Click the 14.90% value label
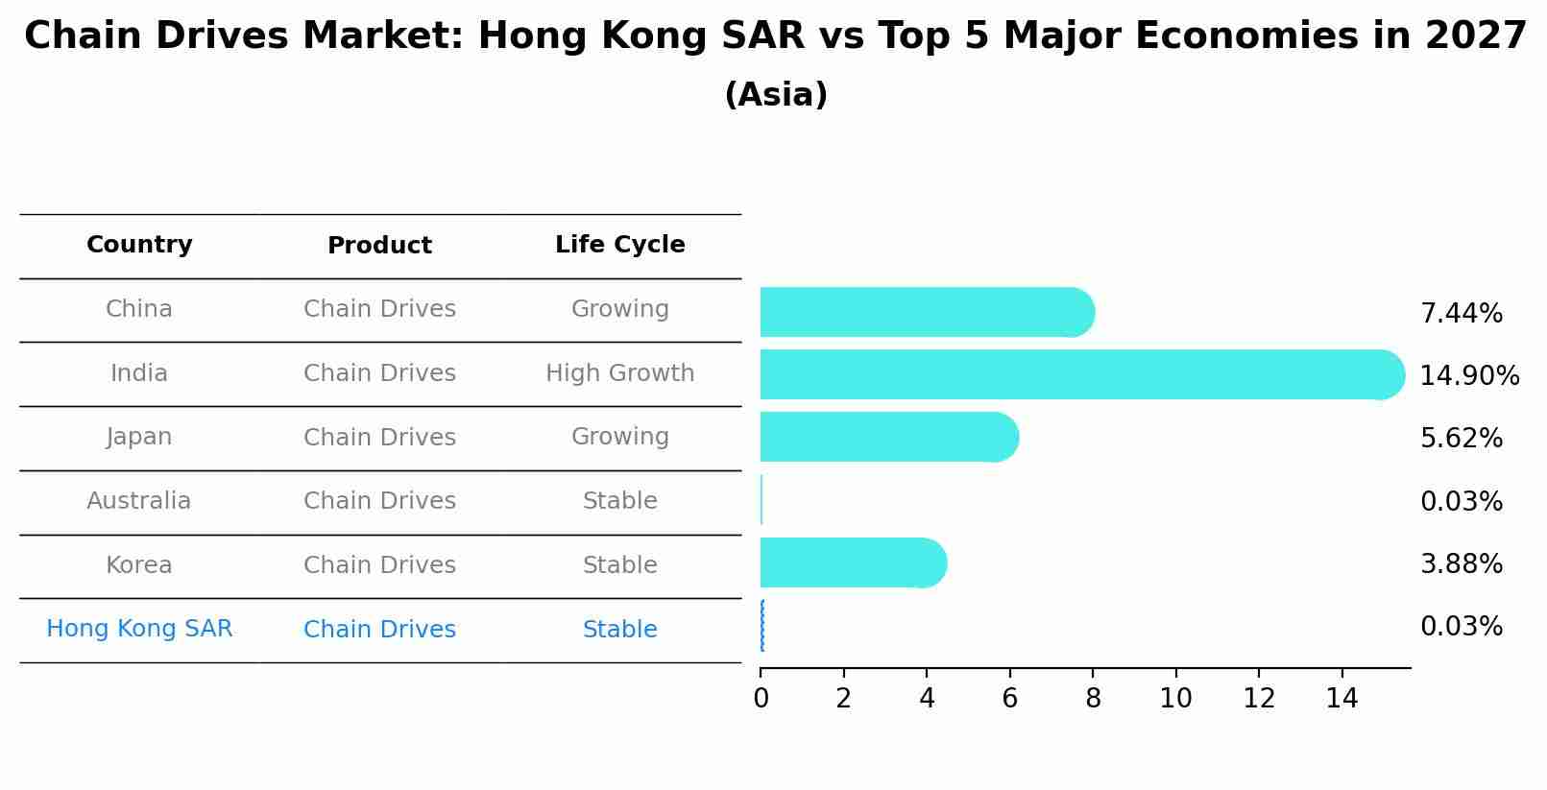(1468, 376)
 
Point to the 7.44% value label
(1461, 314)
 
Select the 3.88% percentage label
(1461, 564)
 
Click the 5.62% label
(1461, 439)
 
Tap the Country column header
(139, 245)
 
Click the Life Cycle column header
(619, 245)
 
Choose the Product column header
(379, 246)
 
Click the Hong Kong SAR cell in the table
(139, 629)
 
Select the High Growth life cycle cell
(619, 373)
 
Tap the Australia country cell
(139, 501)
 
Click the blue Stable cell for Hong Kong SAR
(619, 630)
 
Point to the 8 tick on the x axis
(1093, 699)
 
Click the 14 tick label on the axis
(1342, 699)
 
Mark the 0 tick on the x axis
(761, 699)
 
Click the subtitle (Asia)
(775, 95)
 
